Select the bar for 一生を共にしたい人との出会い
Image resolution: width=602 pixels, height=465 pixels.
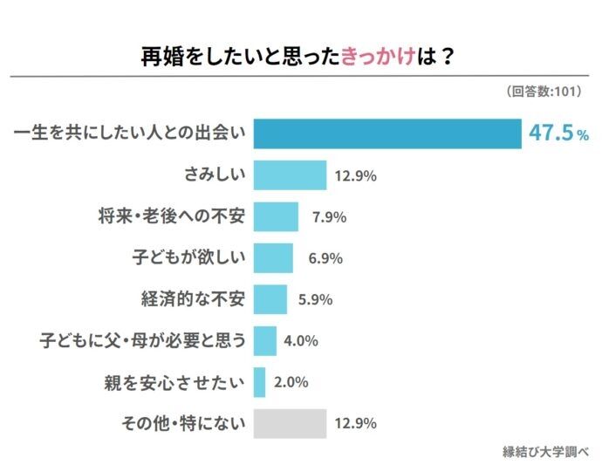click(x=387, y=133)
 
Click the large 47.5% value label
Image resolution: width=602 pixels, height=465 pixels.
click(x=558, y=133)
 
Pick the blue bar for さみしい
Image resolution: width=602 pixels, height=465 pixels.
click(x=290, y=175)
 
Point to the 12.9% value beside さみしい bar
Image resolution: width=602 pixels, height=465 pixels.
click(x=354, y=176)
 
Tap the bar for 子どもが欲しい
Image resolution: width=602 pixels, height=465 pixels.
click(x=273, y=258)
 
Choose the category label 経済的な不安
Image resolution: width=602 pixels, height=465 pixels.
click(x=193, y=299)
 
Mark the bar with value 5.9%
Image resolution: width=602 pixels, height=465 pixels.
click(x=270, y=299)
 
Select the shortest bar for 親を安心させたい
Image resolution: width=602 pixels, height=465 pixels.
click(x=259, y=382)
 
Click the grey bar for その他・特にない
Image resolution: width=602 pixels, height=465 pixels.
click(x=290, y=423)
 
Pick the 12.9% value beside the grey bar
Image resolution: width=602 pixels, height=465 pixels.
click(x=354, y=424)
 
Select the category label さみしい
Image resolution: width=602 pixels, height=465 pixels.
click(x=215, y=175)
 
